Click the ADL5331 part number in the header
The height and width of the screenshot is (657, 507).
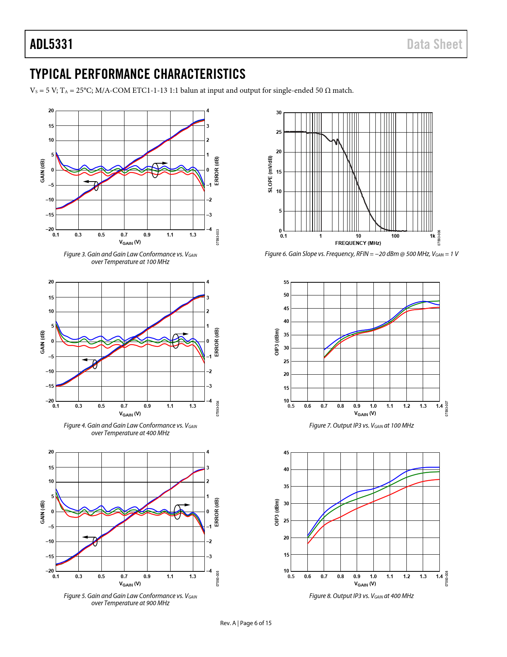pyautogui.click(x=51, y=44)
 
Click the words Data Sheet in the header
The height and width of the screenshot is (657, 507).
pyautogui.click(x=434, y=44)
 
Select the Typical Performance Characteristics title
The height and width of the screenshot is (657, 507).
pyautogui.click(x=138, y=74)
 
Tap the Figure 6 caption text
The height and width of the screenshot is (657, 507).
pyautogui.click(x=361, y=254)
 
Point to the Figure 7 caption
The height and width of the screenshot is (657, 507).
pyautogui.click(x=361, y=426)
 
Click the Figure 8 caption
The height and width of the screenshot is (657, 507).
pyautogui.click(x=361, y=596)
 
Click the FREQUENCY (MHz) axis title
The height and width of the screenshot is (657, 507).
pyautogui.click(x=358, y=243)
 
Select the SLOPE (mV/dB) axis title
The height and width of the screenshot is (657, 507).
pyautogui.click(x=270, y=174)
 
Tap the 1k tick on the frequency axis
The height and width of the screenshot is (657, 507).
pyautogui.click(x=432, y=236)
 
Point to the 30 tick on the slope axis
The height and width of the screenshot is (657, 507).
pyautogui.click(x=279, y=113)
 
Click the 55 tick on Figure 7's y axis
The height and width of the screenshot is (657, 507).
pyautogui.click(x=286, y=282)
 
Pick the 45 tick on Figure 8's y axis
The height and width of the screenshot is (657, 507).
pyautogui.click(x=286, y=453)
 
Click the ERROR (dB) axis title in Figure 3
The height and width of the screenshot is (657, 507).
pyautogui.click(x=217, y=171)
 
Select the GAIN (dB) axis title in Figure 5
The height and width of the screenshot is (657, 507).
pyautogui.click(x=43, y=512)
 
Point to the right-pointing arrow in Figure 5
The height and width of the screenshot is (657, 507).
pyautogui.click(x=185, y=505)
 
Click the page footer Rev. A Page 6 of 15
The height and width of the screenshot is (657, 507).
pyautogui.click(x=246, y=623)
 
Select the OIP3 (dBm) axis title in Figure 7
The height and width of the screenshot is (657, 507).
pyautogui.click(x=277, y=342)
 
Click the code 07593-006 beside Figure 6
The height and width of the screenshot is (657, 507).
pyautogui.click(x=439, y=238)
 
